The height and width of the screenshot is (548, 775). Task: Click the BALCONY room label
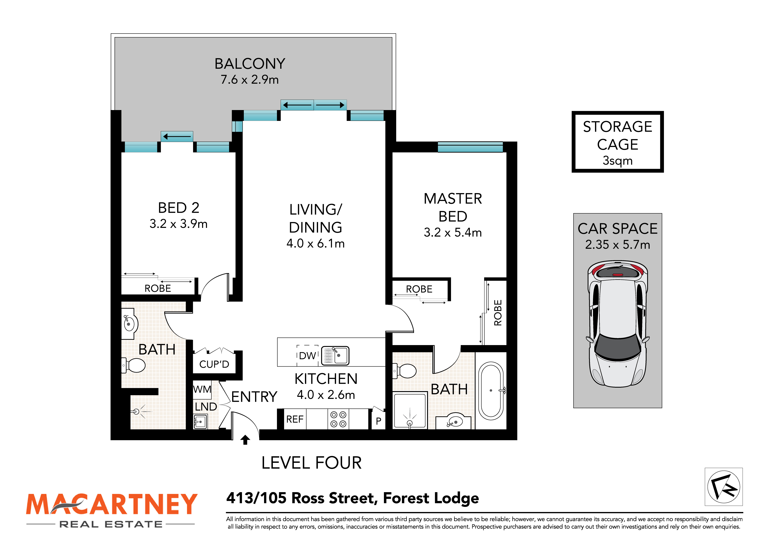click(x=250, y=64)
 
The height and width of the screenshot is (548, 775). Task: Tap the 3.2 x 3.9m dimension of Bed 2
click(x=179, y=224)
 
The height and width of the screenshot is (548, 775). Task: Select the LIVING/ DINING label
click(x=316, y=218)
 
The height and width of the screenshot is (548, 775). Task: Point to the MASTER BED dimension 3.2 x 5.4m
click(x=453, y=232)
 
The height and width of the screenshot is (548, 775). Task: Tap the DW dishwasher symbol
click(x=307, y=356)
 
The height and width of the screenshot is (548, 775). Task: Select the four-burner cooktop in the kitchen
click(x=338, y=419)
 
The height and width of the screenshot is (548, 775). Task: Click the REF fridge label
click(x=295, y=419)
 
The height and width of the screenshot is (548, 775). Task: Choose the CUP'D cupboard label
click(x=214, y=364)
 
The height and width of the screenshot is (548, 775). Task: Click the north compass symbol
click(x=723, y=487)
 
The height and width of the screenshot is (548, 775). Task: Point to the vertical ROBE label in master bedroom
click(x=498, y=313)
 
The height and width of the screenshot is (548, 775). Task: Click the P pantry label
click(x=378, y=421)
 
